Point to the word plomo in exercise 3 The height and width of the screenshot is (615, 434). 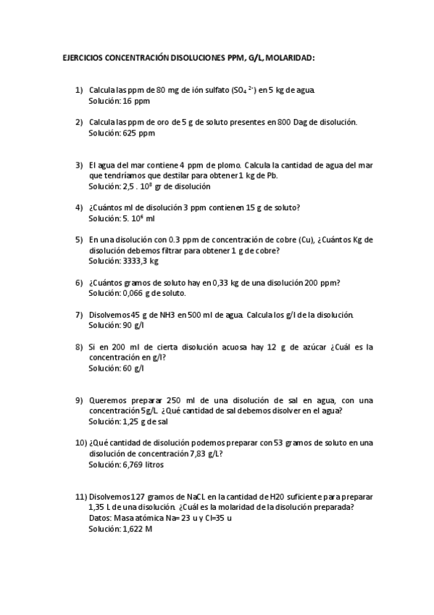pyautogui.click(x=228, y=165)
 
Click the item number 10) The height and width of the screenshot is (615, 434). pyautogui.click(x=81, y=443)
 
